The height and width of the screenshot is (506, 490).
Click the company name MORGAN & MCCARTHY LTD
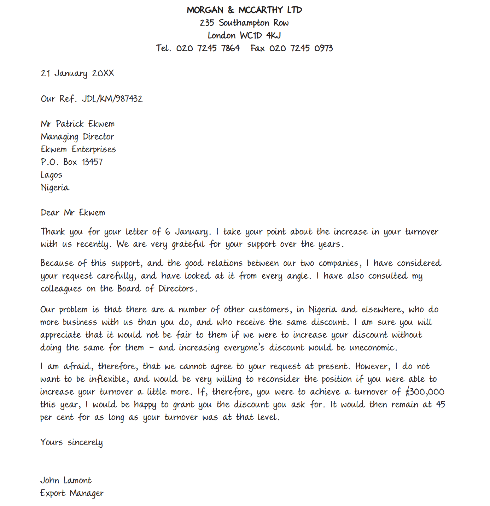244,10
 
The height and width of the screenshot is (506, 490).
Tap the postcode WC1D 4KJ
260,35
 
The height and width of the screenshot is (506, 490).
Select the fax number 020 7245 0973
301,48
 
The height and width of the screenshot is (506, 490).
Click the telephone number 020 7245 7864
208,48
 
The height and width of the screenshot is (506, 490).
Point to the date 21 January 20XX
77,73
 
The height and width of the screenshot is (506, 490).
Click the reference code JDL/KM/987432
112,99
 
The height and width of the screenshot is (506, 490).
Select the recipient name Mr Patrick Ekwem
77,124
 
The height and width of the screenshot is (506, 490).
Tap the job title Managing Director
77,137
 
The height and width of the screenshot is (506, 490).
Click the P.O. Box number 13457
92,162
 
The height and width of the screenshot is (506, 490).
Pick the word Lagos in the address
51,175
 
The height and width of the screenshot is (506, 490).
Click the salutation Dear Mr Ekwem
73,213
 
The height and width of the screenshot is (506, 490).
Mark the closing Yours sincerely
71,442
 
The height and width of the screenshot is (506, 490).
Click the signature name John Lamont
66,481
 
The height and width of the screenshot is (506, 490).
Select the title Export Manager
72,493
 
